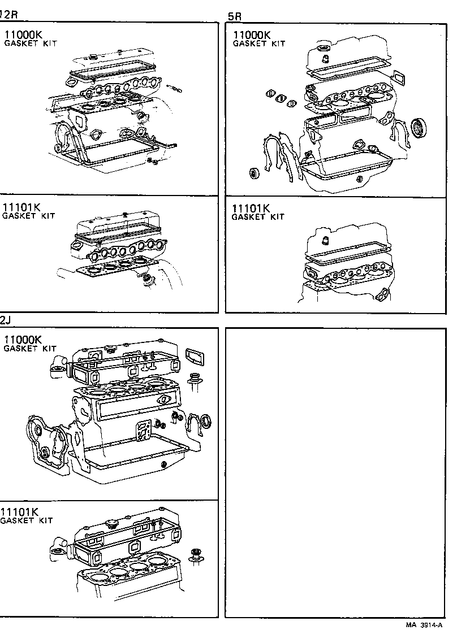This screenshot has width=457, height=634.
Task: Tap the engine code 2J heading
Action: (5, 320)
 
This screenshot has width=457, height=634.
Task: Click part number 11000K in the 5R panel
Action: (252, 34)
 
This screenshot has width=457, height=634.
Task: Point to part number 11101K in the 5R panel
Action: (251, 208)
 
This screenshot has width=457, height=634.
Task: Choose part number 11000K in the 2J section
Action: (23, 340)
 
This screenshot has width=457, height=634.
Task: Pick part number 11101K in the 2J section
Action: (19, 512)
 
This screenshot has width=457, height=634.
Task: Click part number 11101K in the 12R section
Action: (21, 207)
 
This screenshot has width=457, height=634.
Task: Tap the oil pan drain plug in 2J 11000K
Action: (163, 464)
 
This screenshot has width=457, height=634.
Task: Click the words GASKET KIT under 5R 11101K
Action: (258, 217)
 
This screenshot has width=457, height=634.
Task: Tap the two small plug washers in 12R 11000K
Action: (151, 162)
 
